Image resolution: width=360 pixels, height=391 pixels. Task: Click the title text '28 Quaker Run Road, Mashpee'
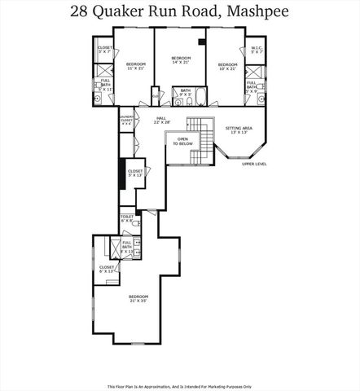[x=179, y=12]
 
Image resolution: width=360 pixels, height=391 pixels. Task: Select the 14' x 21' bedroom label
[x=180, y=60]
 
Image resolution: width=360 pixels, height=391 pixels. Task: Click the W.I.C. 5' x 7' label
[x=257, y=51]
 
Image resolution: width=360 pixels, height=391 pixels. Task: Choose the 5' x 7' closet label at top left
[x=104, y=50]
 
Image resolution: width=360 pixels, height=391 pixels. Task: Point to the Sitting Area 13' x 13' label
[x=239, y=130]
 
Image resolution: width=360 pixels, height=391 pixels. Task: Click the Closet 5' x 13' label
[x=134, y=174]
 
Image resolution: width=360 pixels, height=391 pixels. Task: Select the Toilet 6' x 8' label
[x=127, y=220]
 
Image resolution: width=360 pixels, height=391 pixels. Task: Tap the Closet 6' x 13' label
[x=107, y=270]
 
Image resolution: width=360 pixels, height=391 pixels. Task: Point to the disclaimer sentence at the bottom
[x=179, y=386]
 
